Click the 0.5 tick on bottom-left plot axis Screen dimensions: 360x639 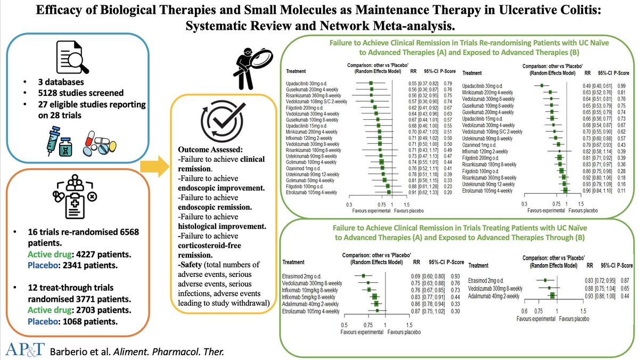point(345,324)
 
